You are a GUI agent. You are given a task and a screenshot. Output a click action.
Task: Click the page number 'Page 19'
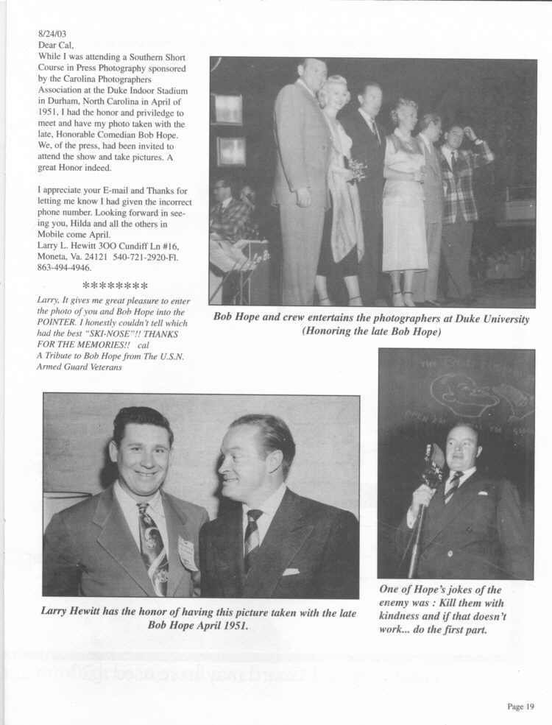point(520,707)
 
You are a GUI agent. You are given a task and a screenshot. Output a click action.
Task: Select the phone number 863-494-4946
point(65,269)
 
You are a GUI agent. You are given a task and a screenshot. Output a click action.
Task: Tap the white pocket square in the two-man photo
point(291,571)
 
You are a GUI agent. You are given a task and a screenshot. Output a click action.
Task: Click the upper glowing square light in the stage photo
point(227,109)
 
